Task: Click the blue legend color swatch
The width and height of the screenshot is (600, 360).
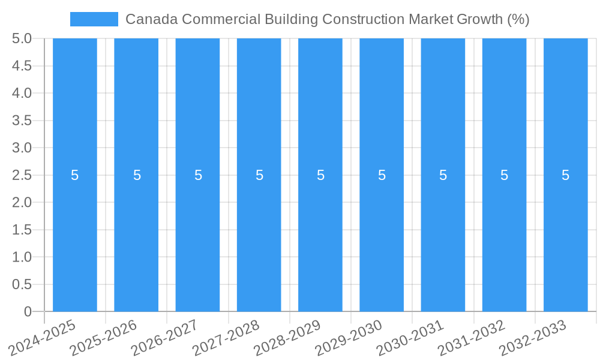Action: pyautogui.click(x=94, y=19)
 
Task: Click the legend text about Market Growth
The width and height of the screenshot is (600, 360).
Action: pyautogui.click(x=327, y=19)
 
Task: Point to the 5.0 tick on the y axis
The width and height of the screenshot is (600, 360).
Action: pyautogui.click(x=22, y=38)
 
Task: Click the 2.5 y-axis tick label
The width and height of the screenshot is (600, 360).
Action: pyautogui.click(x=22, y=175)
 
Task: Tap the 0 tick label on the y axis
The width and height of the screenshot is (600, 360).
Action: pyautogui.click(x=28, y=311)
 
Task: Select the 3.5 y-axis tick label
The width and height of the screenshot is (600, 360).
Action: pyautogui.click(x=22, y=121)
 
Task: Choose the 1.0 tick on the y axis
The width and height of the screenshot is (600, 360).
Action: pyautogui.click(x=22, y=257)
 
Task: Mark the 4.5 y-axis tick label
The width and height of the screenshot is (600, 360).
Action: pyautogui.click(x=22, y=66)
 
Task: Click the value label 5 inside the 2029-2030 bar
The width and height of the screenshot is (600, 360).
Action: pyautogui.click(x=382, y=175)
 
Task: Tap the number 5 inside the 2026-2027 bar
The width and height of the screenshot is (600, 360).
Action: pyautogui.click(x=198, y=175)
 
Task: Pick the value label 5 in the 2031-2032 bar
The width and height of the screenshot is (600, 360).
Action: pyautogui.click(x=504, y=175)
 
